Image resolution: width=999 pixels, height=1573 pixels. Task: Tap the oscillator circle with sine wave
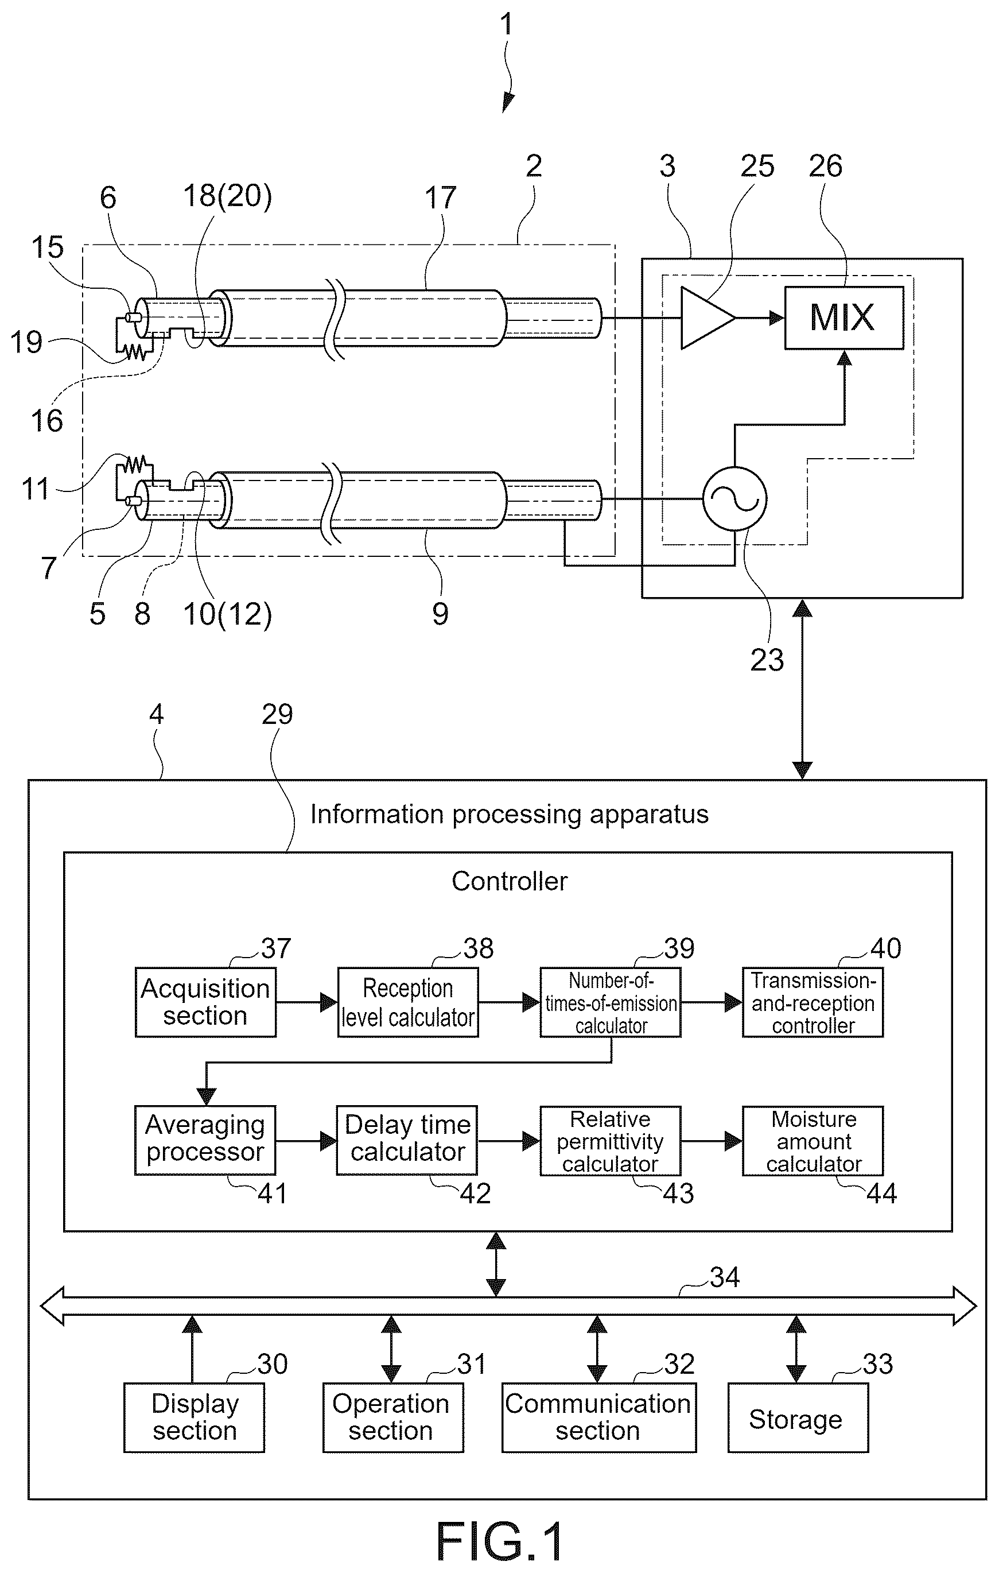pos(734,499)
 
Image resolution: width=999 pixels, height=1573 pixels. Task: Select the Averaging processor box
pos(205,1141)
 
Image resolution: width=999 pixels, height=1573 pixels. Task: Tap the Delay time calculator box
pos(407,1141)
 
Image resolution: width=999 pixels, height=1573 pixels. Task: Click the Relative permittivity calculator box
pos(611,1141)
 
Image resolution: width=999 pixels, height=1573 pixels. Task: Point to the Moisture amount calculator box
pos(813,1141)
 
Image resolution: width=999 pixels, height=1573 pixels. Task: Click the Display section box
pos(194,1417)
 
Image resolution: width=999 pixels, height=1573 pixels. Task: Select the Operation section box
pos(393,1417)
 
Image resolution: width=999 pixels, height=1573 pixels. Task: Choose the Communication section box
pos(598,1417)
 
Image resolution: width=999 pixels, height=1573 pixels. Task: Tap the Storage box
pos(798,1417)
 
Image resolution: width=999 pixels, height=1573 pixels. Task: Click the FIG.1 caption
pos(499,1541)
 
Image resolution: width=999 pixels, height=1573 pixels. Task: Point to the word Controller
pos(510,881)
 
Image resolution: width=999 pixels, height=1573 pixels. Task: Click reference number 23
pos(767,660)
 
